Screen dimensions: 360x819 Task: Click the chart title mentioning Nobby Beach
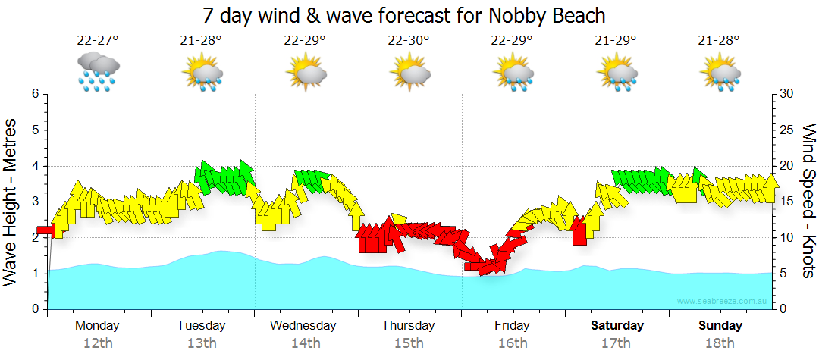(404, 15)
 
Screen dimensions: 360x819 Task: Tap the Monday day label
(97, 326)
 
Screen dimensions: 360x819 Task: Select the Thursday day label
(408, 326)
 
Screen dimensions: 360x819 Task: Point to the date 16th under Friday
(513, 343)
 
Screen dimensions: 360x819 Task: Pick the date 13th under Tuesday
(201, 343)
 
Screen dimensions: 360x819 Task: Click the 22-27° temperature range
(98, 40)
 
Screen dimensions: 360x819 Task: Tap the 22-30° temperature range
(409, 40)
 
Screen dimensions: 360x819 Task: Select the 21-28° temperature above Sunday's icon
(720, 40)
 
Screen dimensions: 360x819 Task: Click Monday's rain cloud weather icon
(98, 73)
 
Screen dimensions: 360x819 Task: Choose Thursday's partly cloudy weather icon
(409, 73)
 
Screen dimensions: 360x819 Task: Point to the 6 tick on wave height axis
(35, 94)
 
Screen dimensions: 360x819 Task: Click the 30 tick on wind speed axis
(786, 94)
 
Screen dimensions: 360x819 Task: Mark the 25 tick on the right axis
(786, 130)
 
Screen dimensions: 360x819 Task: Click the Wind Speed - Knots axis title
(808, 202)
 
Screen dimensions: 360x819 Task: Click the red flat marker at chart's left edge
(45, 230)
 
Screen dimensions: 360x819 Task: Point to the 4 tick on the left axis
(35, 166)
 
